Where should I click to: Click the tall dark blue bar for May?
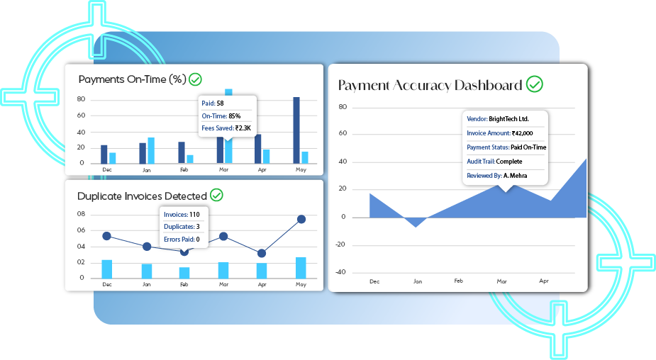296,130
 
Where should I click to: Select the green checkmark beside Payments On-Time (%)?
195,79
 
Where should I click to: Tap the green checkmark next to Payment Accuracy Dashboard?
534,84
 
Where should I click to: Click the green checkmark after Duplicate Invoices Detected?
216,195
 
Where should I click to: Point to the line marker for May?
301,219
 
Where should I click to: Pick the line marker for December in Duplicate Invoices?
106,236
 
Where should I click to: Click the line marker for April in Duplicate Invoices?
262,253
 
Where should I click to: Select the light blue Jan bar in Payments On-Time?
151,150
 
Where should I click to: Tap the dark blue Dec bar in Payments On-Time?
104,154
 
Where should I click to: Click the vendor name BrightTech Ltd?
508,119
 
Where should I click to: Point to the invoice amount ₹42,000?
522,133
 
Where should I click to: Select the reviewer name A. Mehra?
515,176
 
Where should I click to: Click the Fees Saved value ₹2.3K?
243,128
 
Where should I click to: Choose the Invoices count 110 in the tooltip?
194,215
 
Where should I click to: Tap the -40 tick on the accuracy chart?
340,272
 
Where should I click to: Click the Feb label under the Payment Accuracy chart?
459,281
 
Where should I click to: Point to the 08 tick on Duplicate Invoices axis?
81,213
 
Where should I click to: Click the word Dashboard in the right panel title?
488,85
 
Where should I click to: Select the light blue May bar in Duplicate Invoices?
301,268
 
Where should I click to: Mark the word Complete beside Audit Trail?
509,162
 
